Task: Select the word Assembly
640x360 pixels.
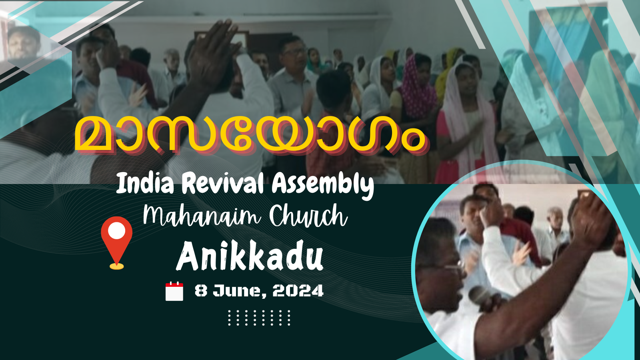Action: [323, 185]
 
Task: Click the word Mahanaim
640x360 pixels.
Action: [202, 216]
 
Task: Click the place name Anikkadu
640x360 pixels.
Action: [250, 256]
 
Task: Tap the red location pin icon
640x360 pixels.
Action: [116, 243]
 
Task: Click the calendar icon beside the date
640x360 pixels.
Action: [174, 291]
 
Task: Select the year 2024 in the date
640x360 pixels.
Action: [298, 291]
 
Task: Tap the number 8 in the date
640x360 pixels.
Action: [201, 291]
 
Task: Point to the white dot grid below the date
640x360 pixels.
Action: [259, 318]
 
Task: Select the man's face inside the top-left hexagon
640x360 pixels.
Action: [24, 43]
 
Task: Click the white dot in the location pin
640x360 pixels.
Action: [116, 230]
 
